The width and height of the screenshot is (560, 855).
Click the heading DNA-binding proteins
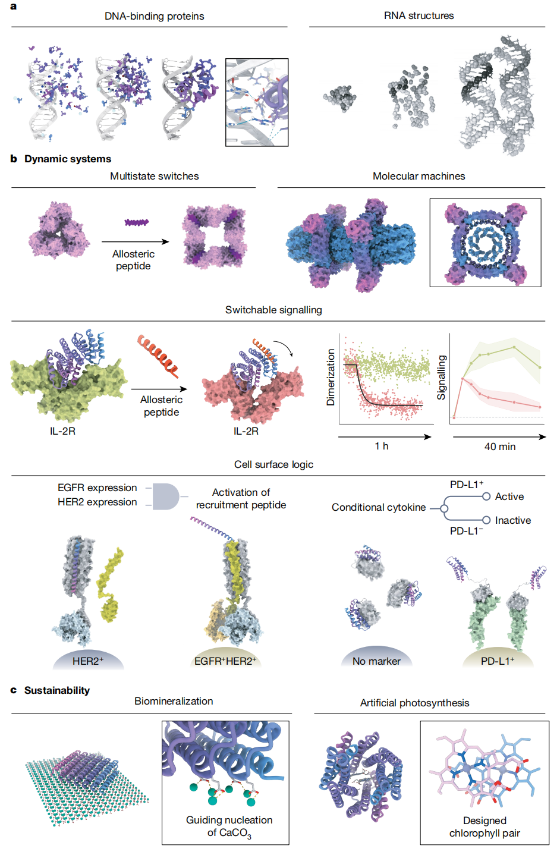154,16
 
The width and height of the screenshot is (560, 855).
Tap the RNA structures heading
419,15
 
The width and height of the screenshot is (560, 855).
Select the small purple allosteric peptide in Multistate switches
137,222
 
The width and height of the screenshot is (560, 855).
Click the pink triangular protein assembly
59,230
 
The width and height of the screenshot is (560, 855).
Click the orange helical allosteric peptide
158,356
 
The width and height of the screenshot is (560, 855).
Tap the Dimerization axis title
331,377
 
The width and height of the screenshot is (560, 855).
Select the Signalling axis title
441,378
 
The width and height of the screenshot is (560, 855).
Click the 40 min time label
500,447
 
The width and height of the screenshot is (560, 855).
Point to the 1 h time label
381,446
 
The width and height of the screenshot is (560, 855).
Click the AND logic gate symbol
166,496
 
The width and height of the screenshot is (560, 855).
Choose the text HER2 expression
97,502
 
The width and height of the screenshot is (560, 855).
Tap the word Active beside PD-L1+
509,496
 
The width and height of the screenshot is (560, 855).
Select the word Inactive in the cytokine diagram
512,520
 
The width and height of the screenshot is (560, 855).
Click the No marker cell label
376,661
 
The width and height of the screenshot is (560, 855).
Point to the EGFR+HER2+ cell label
225,661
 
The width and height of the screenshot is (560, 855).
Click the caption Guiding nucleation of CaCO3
229,826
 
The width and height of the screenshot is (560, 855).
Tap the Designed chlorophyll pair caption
485,826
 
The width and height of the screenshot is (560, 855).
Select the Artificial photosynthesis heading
414,703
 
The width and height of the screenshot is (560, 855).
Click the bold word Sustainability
57,690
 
